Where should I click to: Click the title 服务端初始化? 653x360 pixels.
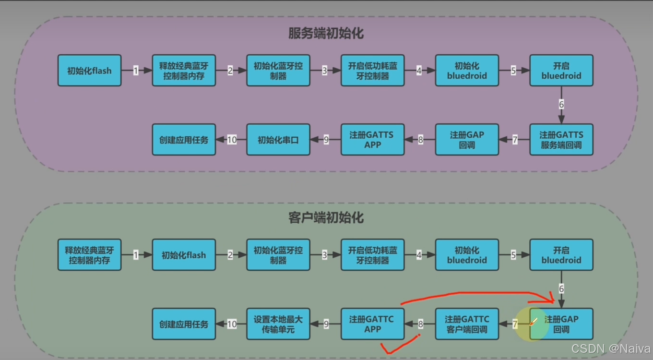coord(326,33)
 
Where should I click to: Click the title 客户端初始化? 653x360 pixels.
coord(326,217)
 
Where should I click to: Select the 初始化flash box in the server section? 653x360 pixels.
coord(89,71)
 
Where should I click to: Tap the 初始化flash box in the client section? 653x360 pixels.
coord(184,255)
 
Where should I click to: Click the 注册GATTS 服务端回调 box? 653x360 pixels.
coord(561,140)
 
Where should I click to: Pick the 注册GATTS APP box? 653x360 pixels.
coord(372,140)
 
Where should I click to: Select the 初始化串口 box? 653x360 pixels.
coord(278,140)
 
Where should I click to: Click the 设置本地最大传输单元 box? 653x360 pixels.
coord(278,324)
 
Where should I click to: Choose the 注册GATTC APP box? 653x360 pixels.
coord(372,324)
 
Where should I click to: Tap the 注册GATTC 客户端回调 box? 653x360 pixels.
coord(467,324)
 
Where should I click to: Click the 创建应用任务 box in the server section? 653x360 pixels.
coord(184,140)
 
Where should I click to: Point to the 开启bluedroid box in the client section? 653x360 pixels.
coord(561,255)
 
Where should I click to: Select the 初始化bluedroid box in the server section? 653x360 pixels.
coord(467,71)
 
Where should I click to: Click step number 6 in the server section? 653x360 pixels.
coord(561,105)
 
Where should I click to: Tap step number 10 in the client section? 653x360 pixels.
coord(232,324)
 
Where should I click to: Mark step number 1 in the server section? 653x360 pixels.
coord(136,71)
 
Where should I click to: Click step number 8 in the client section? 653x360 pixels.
coord(420,324)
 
